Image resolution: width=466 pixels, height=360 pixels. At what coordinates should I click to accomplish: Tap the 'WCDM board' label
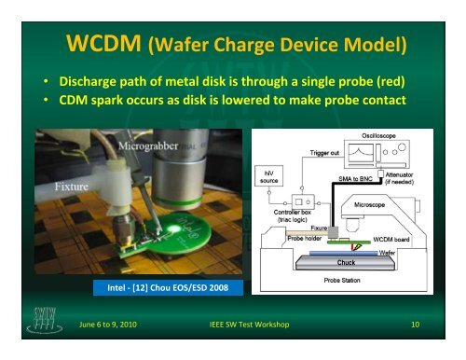[395, 239]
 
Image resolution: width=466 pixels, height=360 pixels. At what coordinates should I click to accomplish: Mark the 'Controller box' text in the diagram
[281, 211]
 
